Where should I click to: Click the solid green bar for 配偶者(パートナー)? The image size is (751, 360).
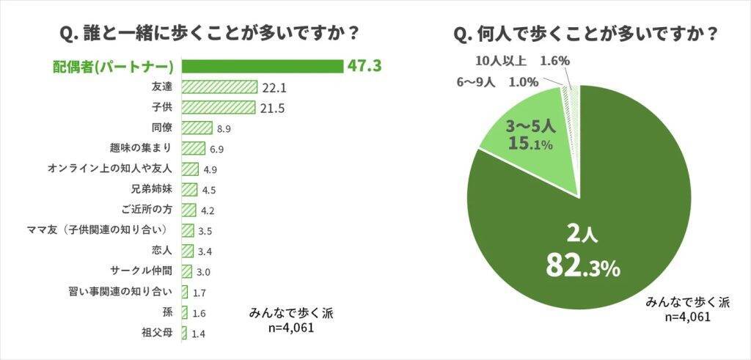[x=263, y=67]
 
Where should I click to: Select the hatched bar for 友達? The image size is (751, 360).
[x=219, y=88]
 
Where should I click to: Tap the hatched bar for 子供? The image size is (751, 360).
[x=218, y=108]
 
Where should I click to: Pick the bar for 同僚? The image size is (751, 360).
[x=197, y=128]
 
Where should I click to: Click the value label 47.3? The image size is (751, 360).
[x=364, y=67]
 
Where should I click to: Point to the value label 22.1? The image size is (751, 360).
[x=274, y=88]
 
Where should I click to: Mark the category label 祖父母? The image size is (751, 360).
[x=157, y=334]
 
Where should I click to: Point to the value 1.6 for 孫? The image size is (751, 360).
[x=199, y=314]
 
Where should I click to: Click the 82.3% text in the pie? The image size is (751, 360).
[x=582, y=266]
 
